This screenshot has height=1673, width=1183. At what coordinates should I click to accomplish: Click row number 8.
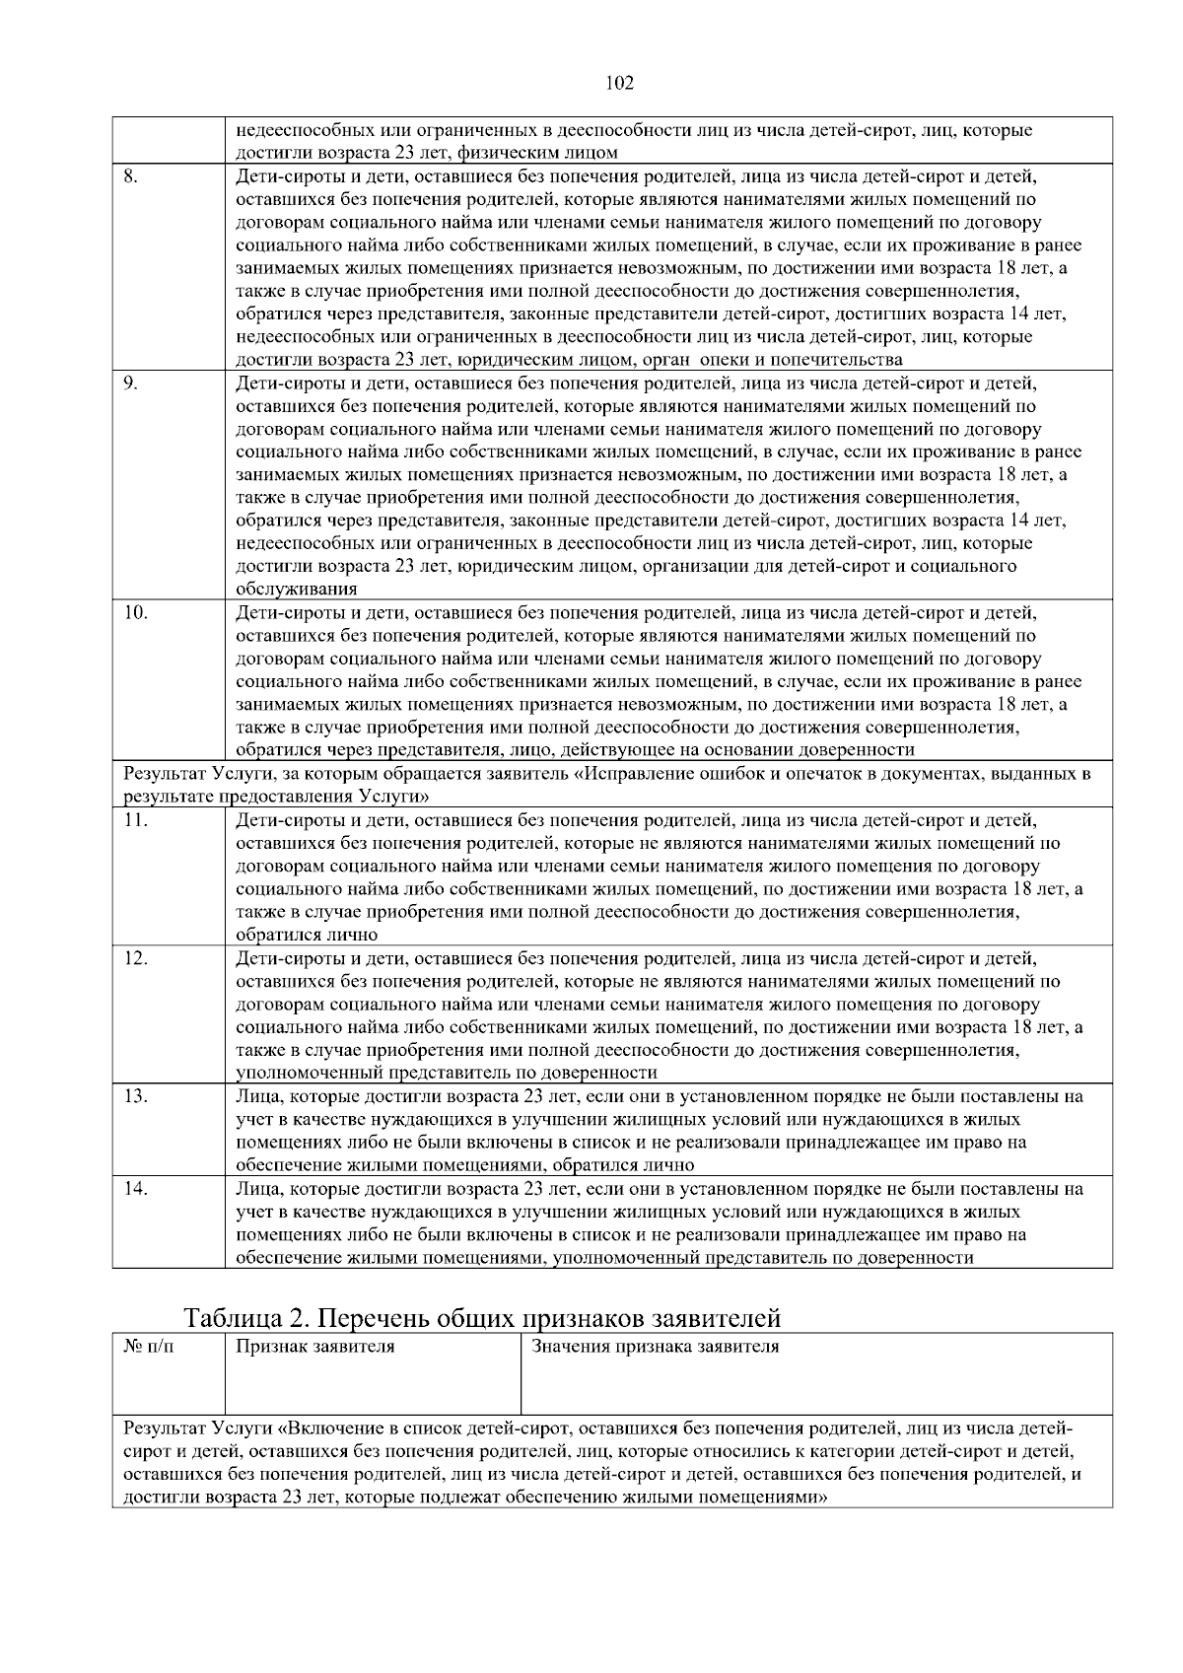coord(130,177)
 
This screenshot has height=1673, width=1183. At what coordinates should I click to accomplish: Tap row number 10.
coord(135,613)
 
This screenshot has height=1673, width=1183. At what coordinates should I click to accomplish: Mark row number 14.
coord(135,1189)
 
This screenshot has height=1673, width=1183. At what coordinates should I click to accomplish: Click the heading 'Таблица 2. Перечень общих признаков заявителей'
coord(482,1317)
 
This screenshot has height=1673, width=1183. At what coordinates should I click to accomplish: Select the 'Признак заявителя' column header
coord(314,1347)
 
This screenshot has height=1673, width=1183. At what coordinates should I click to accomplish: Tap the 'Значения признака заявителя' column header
coord(655,1347)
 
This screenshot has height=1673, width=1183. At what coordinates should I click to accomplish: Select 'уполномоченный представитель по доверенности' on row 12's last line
coord(446,1072)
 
